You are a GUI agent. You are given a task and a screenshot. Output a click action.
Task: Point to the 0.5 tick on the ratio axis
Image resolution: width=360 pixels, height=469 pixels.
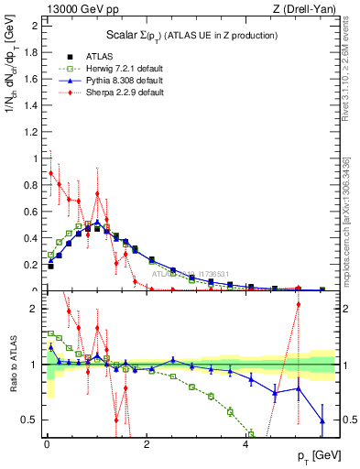(30, 420)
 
